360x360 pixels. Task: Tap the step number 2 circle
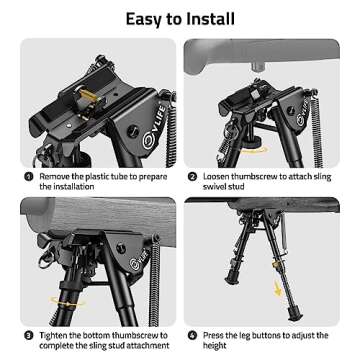coord(192,173)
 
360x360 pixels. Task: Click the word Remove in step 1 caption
coord(56,173)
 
